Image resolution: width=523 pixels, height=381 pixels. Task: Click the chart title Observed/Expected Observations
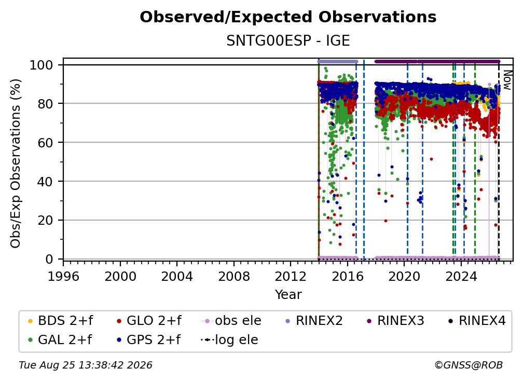(288, 17)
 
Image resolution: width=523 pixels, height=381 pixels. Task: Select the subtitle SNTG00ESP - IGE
(288, 40)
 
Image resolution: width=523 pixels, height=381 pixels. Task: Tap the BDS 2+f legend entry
(60, 321)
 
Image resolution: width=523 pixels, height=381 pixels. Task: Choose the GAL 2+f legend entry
(60, 340)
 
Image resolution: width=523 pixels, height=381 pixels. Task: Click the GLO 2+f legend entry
(149, 321)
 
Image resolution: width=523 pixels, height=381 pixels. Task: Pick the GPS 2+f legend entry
(148, 340)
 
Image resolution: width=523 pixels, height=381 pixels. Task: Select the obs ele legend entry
(231, 321)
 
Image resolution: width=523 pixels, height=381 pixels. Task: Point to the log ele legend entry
(229, 340)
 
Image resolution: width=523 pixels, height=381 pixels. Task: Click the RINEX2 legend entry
(314, 321)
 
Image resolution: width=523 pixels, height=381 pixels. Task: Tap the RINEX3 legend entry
(395, 321)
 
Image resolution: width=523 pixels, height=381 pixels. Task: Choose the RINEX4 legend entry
(477, 321)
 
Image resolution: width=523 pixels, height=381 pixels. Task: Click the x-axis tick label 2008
(234, 276)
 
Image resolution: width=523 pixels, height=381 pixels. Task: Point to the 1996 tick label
(63, 276)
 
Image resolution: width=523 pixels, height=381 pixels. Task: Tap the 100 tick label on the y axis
(42, 65)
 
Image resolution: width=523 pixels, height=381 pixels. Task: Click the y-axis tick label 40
(45, 182)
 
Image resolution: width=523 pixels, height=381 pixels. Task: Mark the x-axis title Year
(288, 295)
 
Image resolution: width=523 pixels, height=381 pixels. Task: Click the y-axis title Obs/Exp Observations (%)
(16, 163)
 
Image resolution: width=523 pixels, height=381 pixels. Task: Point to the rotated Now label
(507, 80)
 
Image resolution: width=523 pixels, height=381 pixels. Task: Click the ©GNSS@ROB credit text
(469, 365)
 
